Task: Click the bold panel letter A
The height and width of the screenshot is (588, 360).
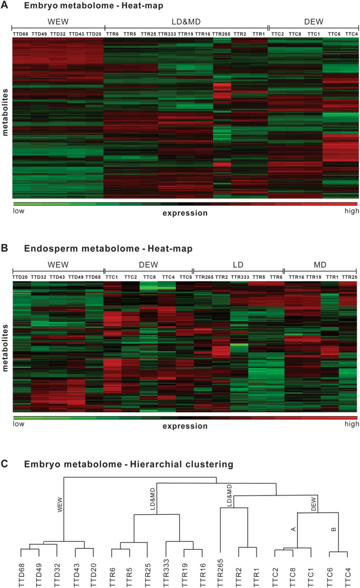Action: [5, 6]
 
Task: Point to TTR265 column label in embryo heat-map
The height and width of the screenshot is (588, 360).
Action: [221, 34]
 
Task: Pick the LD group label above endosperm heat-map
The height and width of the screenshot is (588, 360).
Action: [238, 265]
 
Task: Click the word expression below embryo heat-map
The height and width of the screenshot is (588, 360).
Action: [185, 213]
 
